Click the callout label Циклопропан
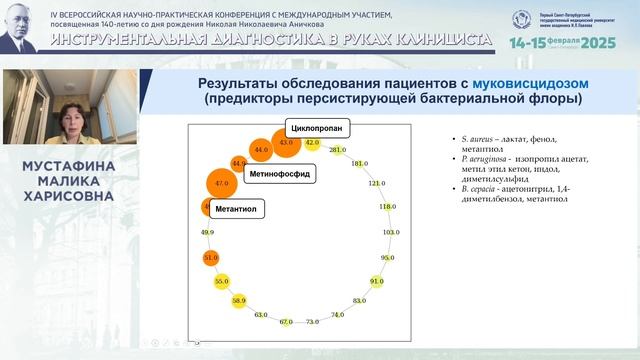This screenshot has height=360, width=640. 318,128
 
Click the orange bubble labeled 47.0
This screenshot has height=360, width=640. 222,184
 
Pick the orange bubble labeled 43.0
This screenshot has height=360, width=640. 287,144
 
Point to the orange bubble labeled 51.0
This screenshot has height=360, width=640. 210,258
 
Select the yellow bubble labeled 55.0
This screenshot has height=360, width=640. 221,282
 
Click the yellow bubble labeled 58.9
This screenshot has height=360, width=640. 238,300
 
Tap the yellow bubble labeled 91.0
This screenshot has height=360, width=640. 376,282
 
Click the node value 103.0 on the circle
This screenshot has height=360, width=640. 390,232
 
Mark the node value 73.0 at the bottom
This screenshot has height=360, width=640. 312,321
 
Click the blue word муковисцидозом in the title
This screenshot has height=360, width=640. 524,83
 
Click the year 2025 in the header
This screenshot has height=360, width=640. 600,44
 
